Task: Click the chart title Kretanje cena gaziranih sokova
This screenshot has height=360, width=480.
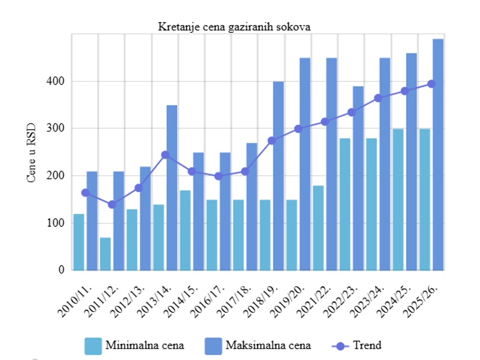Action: [234, 27]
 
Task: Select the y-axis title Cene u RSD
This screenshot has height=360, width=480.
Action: [32, 152]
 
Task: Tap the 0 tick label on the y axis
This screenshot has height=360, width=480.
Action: [61, 270]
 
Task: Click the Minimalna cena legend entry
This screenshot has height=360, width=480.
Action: [134, 345]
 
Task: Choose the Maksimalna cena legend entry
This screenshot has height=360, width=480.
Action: [257, 345]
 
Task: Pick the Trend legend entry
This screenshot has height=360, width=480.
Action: [356, 345]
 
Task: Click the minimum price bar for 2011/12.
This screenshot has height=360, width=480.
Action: [105, 253]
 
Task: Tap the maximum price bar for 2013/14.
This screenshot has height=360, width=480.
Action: [172, 187]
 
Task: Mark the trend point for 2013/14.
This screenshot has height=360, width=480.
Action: [165, 155]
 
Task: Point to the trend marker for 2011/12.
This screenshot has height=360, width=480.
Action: [112, 204]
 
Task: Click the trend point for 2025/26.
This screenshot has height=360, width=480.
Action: [431, 84]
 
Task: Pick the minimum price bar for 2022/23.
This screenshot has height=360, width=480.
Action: [344, 204]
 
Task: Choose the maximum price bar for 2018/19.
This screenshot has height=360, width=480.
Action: [278, 175]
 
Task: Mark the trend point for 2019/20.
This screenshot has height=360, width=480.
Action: [298, 129]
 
